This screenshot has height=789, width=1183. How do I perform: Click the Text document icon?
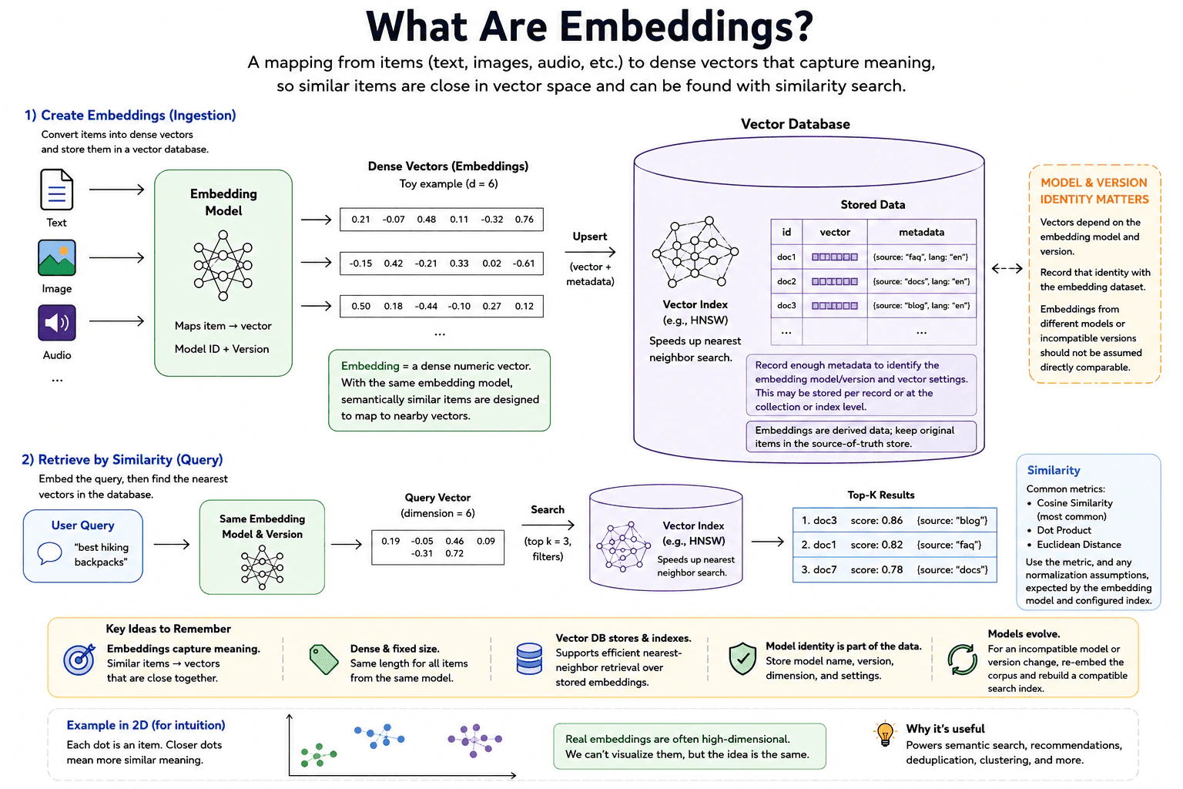point(56,190)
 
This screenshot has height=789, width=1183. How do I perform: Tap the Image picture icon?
point(56,258)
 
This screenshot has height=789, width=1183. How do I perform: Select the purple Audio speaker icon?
point(56,322)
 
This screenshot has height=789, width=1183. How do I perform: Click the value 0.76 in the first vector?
point(524,220)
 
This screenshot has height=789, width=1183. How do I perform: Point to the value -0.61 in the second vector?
point(524,264)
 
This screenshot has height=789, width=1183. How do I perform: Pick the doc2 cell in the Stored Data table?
point(786,281)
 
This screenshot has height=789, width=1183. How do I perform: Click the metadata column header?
point(922,232)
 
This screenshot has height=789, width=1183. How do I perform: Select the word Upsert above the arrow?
point(590,237)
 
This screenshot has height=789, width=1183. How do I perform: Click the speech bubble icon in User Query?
point(49,553)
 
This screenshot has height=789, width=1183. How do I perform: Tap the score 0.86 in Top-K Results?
point(876,521)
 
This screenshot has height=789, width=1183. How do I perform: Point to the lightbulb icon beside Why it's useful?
point(885,734)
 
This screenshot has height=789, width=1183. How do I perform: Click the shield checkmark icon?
point(742,659)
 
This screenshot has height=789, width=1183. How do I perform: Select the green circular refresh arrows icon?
point(962,660)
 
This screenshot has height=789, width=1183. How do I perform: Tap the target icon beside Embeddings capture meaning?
point(79,659)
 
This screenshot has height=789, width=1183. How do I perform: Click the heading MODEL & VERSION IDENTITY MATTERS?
point(1094,191)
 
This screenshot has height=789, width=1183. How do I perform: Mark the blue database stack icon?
point(529,659)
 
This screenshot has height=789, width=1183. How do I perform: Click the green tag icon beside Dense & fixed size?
point(323,659)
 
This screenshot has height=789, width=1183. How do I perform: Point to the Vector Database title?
point(795,124)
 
